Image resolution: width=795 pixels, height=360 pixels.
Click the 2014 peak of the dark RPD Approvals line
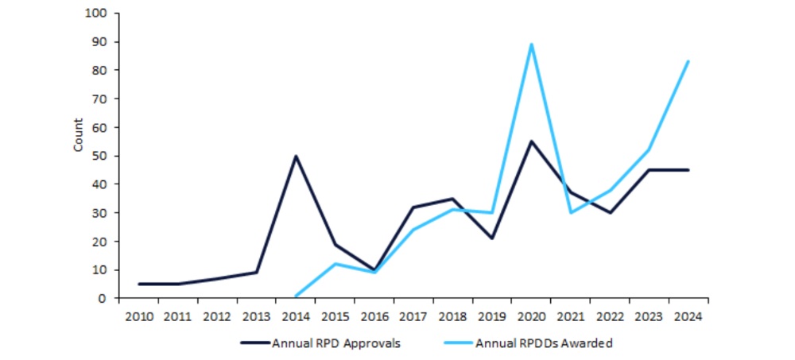[296, 156]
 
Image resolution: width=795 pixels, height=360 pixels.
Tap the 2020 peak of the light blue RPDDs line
[531, 45]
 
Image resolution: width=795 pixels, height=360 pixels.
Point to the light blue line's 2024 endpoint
[688, 61]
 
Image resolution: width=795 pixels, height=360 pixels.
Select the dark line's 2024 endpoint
[688, 170]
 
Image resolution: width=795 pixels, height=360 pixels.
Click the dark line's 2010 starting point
[138, 284]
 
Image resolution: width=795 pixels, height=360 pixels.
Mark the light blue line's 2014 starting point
[296, 296]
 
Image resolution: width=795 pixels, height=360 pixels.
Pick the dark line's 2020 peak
[531, 141]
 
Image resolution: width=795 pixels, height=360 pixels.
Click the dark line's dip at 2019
[492, 238]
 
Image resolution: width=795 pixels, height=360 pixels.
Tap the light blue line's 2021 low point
[571, 212]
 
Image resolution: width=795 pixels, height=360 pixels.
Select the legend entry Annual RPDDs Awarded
[545, 344]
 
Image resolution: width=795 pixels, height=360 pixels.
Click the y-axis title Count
[78, 135]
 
